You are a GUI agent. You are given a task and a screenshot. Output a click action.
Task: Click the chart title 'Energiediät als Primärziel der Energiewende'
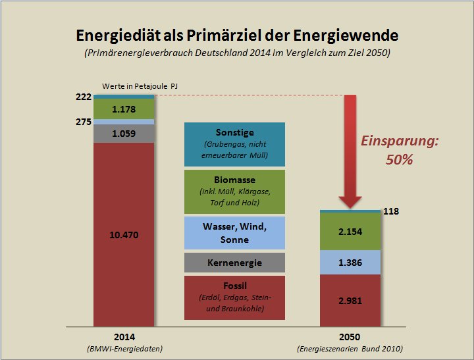click(237, 34)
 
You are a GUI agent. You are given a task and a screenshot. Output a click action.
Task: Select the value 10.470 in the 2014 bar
click(124, 234)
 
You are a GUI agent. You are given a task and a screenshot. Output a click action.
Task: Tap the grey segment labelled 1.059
click(124, 134)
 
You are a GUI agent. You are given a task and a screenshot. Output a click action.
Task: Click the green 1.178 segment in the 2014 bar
click(124, 109)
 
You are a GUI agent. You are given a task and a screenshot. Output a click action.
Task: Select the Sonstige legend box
click(234, 144)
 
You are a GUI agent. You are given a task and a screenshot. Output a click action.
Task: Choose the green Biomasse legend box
click(234, 192)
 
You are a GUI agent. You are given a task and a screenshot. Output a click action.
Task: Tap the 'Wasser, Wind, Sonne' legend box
click(234, 233)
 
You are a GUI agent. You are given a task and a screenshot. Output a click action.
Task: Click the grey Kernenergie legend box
click(234, 263)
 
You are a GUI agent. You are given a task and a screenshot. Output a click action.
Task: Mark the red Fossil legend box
click(234, 297)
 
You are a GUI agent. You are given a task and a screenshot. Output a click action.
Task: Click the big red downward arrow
click(350, 151)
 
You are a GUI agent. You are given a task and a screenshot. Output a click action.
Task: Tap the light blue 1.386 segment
click(350, 262)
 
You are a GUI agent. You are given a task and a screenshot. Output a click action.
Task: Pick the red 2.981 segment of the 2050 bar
click(350, 300)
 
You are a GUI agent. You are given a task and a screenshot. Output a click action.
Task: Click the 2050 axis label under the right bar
click(350, 336)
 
